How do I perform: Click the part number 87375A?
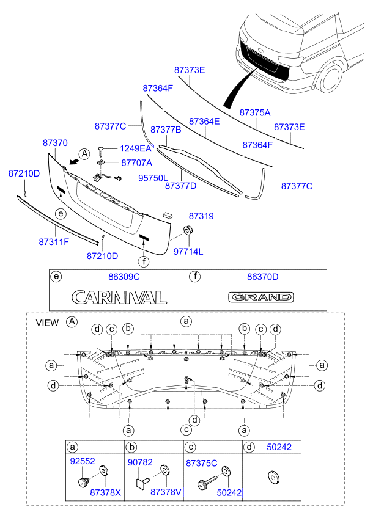point(254,113)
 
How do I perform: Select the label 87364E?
point(204,122)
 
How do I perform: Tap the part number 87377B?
point(166,130)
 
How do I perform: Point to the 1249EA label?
point(135,148)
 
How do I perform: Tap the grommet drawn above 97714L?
point(188,230)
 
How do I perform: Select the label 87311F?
point(54,243)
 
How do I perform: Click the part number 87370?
point(55,142)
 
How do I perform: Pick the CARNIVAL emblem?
point(119,297)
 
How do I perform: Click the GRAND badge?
point(261,297)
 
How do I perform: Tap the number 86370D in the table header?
point(263,277)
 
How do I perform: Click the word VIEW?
point(47,322)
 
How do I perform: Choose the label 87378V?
point(166,492)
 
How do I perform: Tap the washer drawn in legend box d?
point(271,476)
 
